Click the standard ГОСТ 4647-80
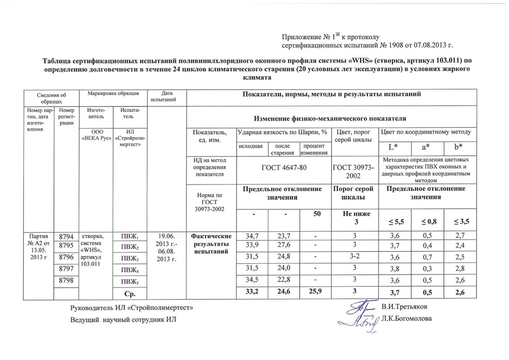(x=283, y=168)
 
